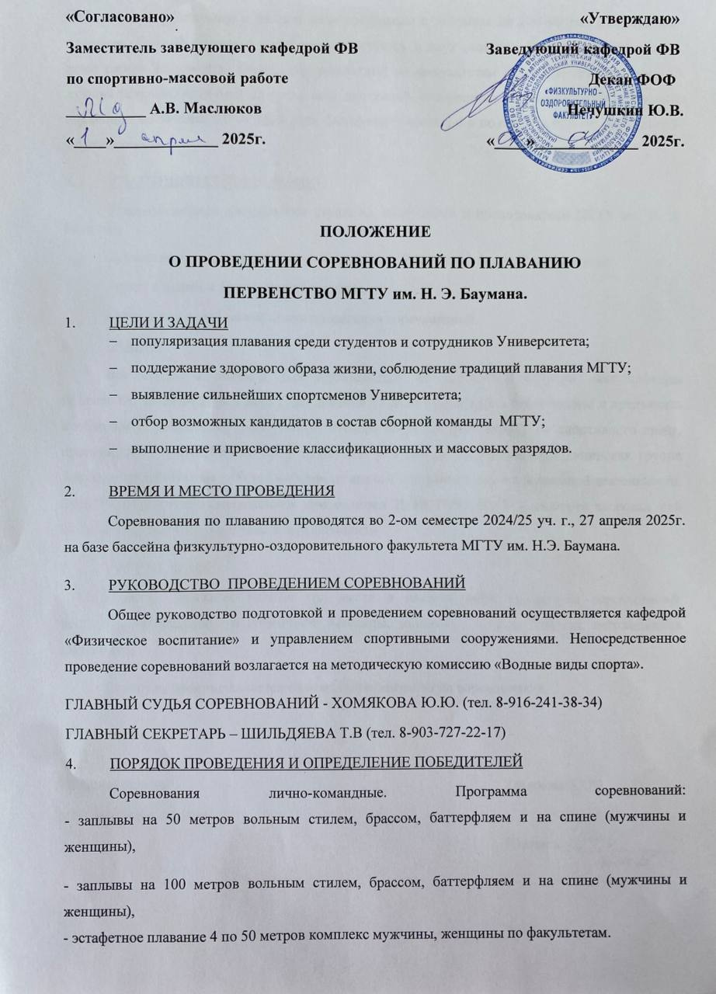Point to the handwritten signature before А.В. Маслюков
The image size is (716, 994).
(109, 105)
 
